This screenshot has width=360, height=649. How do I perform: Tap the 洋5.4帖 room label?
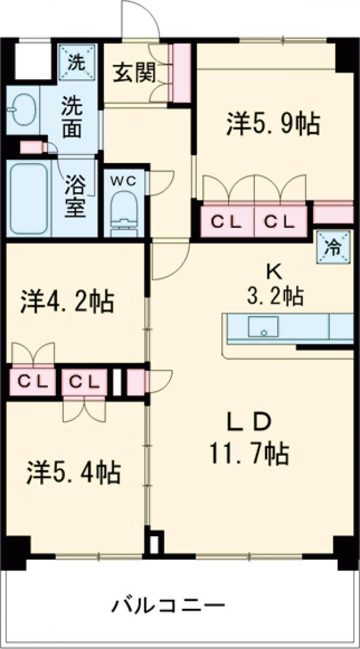tap(73, 471)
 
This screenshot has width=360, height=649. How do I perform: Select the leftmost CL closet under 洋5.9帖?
tap(226, 222)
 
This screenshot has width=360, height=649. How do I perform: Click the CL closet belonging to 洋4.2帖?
tap(31, 381)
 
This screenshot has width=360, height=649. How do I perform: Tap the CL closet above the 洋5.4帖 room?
tap(84, 381)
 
